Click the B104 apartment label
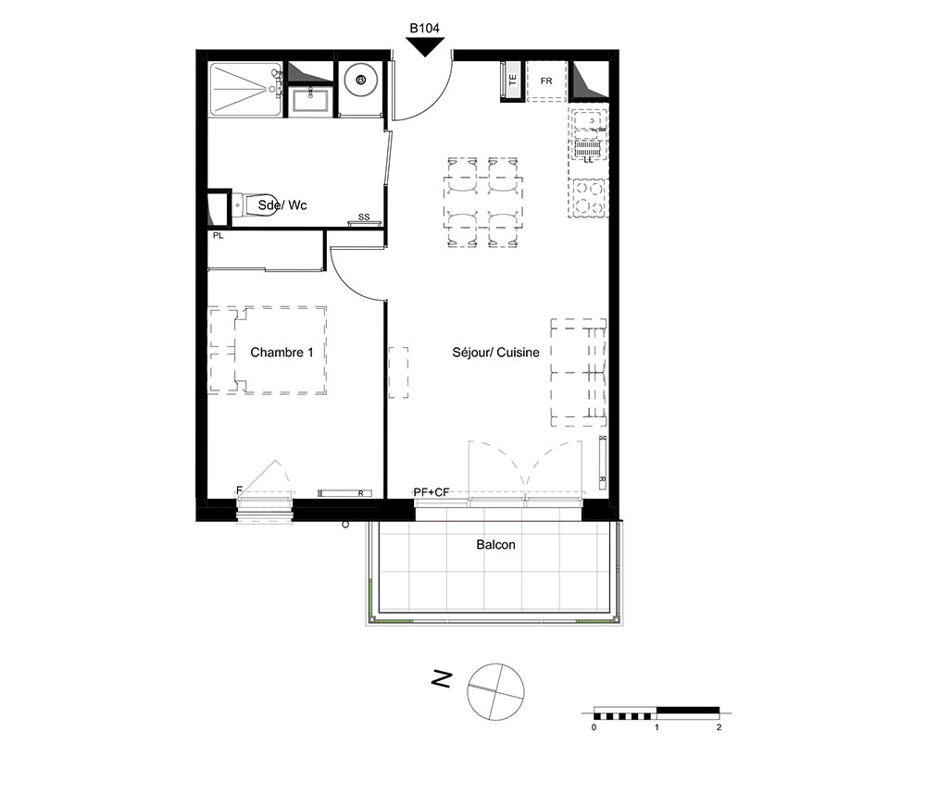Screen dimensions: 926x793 coord(425,28)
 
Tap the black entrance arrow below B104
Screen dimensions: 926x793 coord(425,46)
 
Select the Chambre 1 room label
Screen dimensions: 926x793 coord(282,353)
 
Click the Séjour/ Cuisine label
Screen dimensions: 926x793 coord(496,353)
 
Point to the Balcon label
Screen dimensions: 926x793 coord(496,545)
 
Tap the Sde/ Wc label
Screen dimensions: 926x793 coord(282,205)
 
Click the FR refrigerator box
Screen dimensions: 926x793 coord(546,81)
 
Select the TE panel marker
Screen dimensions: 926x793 coord(512,80)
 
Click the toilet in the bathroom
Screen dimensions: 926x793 coord(254,205)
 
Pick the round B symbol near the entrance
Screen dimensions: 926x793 coord(361,80)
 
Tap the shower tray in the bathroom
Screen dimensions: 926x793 coord(245,89)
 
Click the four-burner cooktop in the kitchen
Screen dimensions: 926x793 coord(588,198)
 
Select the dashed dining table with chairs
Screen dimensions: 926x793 coord(483,203)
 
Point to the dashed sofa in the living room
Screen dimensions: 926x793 coord(579,372)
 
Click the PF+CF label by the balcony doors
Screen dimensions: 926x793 coord(432,492)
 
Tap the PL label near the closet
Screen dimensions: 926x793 coord(218,235)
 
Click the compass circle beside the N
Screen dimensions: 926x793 coord(495,691)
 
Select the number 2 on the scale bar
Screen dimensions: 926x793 coord(719,727)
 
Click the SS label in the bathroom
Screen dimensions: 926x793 coord(364,217)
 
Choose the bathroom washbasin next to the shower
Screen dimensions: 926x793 coord(310,100)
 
